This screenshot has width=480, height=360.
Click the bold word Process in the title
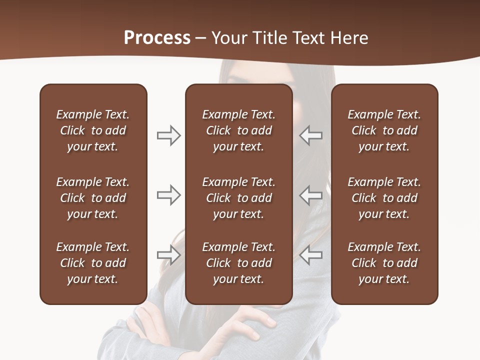pos(157,38)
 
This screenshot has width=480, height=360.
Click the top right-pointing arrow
pos(168,135)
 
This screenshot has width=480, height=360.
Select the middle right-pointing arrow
pos(168,195)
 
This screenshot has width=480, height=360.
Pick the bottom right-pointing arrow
pos(168,255)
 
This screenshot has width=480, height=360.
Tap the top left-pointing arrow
pos(311,135)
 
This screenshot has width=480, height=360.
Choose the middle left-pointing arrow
pos(311,195)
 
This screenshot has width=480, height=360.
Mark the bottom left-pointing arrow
pos(311,255)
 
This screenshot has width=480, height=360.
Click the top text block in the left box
pos(93,130)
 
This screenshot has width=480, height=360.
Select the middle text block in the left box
pos(93,198)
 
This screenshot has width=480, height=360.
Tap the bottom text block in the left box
pos(93,263)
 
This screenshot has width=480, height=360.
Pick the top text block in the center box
pos(238,130)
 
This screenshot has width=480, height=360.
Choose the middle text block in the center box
pos(238,198)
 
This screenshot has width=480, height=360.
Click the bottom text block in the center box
pos(238,263)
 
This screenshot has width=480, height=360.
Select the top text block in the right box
pos(384,130)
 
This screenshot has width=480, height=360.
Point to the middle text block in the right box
pos(384,198)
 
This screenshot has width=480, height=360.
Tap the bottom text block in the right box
pos(384,263)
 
